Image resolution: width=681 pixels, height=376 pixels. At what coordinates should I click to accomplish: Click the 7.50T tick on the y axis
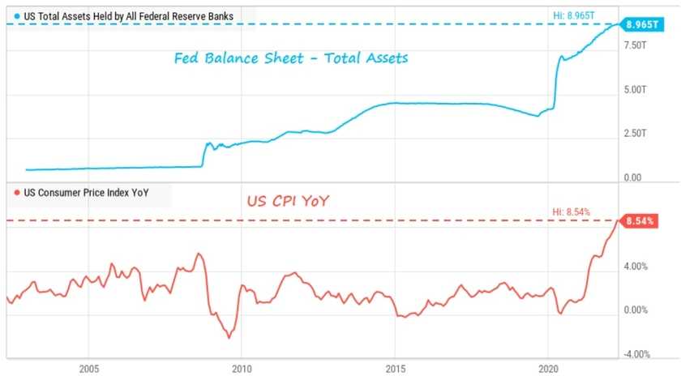click(635, 46)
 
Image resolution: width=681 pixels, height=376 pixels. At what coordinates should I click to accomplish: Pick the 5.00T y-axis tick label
click(635, 90)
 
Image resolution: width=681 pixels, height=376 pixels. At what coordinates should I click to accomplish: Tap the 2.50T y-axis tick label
click(635, 134)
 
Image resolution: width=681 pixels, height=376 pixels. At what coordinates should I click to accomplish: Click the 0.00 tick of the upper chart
click(632, 177)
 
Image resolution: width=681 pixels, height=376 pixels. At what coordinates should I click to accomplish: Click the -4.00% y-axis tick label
click(635, 354)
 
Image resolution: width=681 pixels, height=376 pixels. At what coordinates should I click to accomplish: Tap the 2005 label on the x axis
click(89, 368)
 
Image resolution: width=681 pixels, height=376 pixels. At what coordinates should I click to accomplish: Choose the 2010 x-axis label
click(242, 368)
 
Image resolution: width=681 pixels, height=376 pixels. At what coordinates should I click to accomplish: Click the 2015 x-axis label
click(395, 368)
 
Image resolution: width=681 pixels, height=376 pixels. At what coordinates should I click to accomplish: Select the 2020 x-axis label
click(548, 368)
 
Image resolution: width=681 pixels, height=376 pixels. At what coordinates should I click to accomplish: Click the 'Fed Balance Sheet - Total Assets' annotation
click(290, 58)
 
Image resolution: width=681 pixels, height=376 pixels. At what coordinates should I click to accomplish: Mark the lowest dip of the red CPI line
click(229, 336)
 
